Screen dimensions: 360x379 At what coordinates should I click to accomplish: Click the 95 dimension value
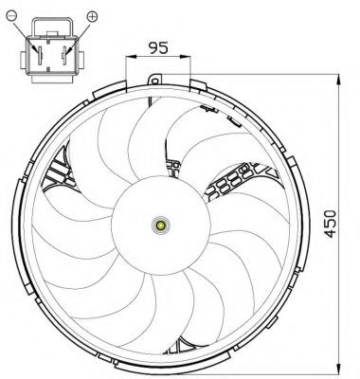[158, 47]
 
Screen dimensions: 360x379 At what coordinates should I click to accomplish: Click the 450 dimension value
[331, 224]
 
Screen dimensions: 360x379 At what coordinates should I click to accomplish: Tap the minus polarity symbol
[11, 15]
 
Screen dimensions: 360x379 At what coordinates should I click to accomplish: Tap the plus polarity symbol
[92, 16]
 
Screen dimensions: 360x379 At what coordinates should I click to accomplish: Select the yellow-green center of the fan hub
[161, 226]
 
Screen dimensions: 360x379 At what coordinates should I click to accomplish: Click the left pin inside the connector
[40, 56]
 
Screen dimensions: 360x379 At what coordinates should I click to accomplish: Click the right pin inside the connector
[64, 56]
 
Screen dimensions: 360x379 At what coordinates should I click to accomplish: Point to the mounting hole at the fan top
[154, 81]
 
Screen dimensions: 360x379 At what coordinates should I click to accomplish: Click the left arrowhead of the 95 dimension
[131, 57]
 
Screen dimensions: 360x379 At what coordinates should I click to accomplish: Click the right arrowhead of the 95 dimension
[186, 57]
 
